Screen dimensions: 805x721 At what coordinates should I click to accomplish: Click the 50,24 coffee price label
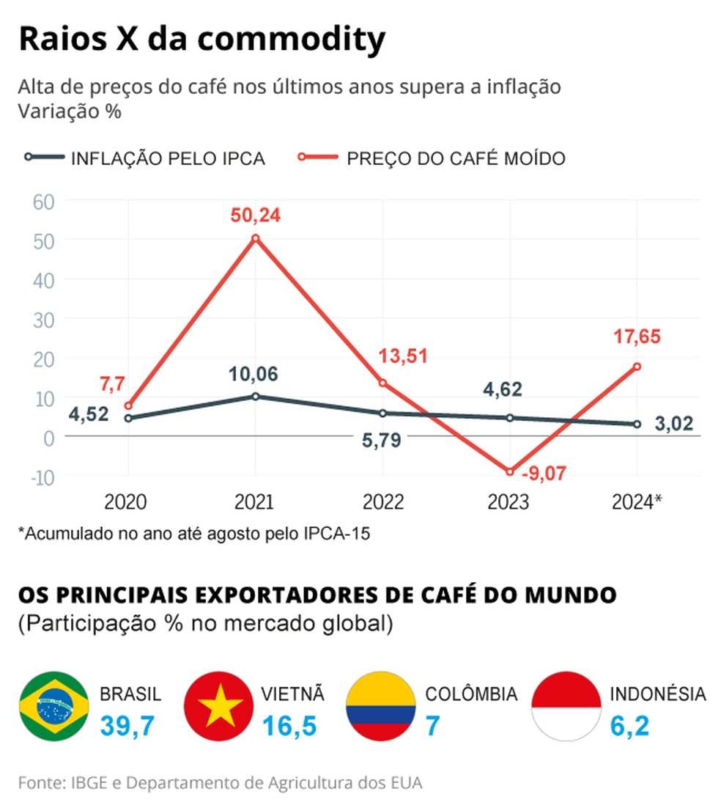point(256,216)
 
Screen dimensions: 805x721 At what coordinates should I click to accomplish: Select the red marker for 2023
point(510,471)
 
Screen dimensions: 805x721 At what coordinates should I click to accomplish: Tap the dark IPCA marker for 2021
point(256,396)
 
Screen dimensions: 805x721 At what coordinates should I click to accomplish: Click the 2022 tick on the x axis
point(382,502)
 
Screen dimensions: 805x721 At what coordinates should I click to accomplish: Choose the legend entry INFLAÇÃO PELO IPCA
point(167,158)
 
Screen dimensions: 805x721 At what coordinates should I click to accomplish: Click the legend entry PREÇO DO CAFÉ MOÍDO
point(456,158)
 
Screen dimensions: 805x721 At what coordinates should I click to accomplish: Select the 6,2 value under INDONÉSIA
point(629,726)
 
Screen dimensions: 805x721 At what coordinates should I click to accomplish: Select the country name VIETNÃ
point(292,694)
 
